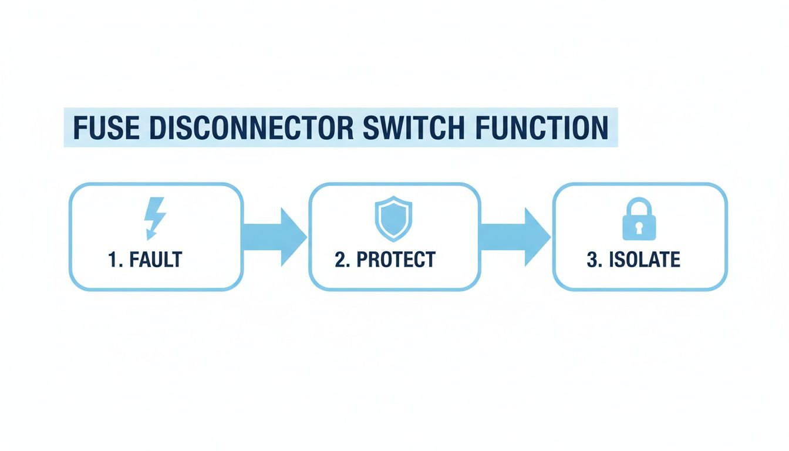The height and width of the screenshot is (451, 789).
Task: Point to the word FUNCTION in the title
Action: [x=543, y=127]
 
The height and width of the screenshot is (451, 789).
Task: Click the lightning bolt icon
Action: [x=155, y=218]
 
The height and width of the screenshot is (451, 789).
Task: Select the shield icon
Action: [x=393, y=218]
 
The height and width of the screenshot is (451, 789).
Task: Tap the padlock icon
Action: [x=639, y=219]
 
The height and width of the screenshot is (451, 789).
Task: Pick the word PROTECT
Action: [x=396, y=259]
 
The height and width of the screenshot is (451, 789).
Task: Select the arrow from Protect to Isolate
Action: [x=515, y=237]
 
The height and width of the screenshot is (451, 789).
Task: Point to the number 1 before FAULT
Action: [x=112, y=259]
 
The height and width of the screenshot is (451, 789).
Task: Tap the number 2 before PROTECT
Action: [x=339, y=259]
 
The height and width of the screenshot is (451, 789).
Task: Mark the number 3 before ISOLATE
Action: [x=591, y=259]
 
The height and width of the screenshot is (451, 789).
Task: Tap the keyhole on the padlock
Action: [x=639, y=226]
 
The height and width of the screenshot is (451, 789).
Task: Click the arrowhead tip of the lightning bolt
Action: [x=149, y=237]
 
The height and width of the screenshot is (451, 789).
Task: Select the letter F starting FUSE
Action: [x=78, y=127]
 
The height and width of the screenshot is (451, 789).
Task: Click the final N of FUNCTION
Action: [x=598, y=127]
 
